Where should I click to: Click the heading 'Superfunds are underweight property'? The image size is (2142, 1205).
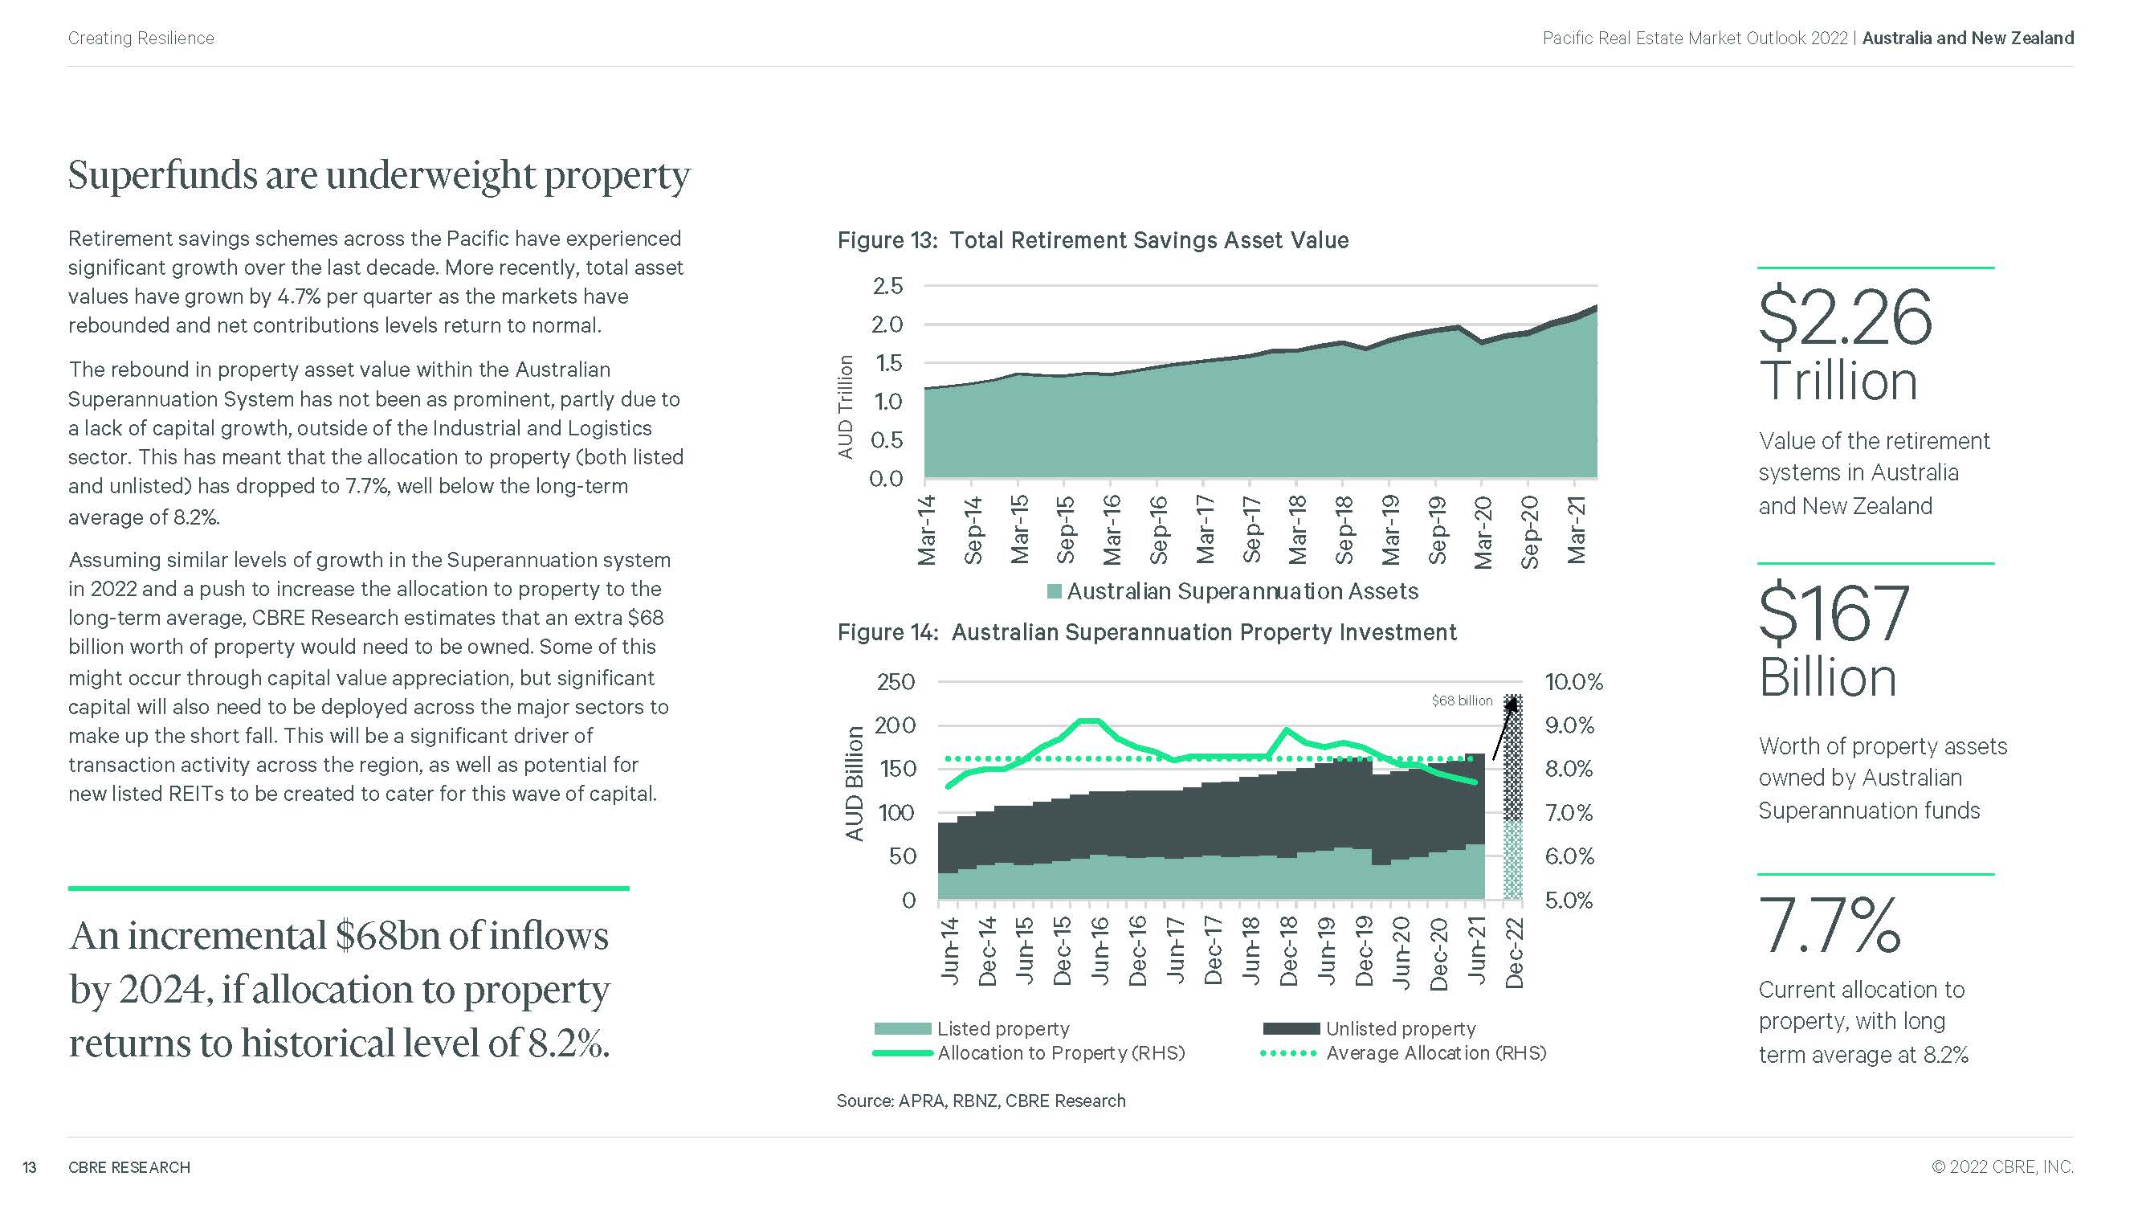click(x=378, y=175)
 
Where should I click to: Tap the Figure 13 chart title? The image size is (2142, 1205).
click(x=1091, y=240)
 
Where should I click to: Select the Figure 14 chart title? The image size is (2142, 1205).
click(x=1146, y=632)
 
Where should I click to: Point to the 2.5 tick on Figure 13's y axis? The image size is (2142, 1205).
click(x=887, y=286)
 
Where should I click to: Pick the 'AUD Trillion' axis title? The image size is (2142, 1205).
click(x=846, y=406)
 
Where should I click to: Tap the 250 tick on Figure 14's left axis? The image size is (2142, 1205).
click(x=896, y=682)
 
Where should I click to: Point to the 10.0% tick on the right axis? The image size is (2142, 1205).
click(x=1573, y=682)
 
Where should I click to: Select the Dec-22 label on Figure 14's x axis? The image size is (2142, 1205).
click(x=1514, y=953)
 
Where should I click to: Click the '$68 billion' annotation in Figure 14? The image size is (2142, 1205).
click(x=1462, y=701)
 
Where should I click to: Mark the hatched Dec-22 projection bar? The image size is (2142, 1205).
click(x=1513, y=799)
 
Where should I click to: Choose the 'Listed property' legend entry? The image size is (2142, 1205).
click(x=1002, y=1029)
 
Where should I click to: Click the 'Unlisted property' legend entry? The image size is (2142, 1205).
click(x=1399, y=1029)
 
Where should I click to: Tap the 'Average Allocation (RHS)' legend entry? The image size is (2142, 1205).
click(x=1435, y=1053)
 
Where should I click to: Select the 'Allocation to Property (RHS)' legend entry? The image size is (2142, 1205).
click(x=1060, y=1053)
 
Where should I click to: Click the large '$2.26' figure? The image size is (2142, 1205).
click(x=1845, y=317)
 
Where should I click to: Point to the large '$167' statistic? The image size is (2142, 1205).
click(x=1834, y=613)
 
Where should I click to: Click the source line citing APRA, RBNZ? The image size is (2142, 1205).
click(x=981, y=1101)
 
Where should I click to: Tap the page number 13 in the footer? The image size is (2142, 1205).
click(x=29, y=1167)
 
